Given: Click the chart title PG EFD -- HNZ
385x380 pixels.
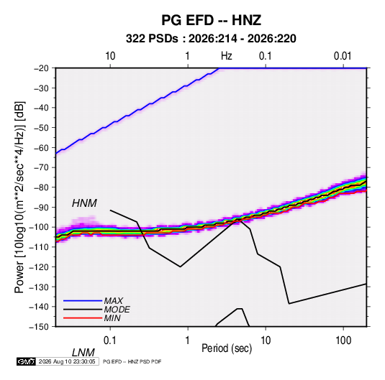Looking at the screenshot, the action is tap(211, 20).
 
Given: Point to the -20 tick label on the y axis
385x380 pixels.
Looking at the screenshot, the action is tap(41, 68).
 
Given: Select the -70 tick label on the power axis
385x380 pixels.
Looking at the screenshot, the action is tap(41, 167).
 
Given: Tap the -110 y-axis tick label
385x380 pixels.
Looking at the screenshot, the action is tap(39, 247).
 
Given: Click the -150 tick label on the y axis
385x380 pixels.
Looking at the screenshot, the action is tap(39, 327).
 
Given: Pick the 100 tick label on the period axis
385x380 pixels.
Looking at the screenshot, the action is tap(343, 340).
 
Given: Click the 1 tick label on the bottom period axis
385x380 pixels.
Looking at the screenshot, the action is tap(188, 340).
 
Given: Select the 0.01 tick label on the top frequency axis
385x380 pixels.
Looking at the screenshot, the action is tap(343, 56).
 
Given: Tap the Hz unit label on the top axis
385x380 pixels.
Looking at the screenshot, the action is tap(227, 56).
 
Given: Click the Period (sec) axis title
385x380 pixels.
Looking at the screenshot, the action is tap(227, 348).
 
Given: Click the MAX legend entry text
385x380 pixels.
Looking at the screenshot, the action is tap(114, 301).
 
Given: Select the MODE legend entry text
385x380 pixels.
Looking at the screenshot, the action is tap(117, 310).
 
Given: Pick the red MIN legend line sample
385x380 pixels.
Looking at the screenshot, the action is tap(83, 318).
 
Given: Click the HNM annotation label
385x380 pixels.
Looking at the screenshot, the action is tap(84, 203).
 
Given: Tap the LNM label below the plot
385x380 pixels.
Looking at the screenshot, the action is tap(83, 353).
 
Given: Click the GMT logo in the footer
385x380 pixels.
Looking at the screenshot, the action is tap(26, 361).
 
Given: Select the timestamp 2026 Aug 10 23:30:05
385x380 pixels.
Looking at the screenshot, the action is tap(67, 361).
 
